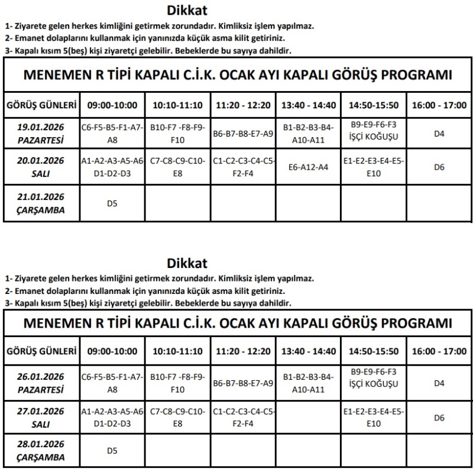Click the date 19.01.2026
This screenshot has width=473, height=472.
point(41,127)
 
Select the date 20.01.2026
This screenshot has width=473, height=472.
point(41,160)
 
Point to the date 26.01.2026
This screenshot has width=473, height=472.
point(41,376)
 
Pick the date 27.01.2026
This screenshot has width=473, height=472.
point(41,410)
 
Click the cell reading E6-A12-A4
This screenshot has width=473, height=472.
point(308,167)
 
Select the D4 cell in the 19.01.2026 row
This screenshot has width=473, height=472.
point(439,134)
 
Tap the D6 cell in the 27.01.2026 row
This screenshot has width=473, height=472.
point(439,418)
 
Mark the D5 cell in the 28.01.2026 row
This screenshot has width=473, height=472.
point(112,451)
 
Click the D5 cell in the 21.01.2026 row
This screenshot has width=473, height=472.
point(112,204)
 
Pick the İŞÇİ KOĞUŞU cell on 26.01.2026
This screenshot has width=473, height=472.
point(374,383)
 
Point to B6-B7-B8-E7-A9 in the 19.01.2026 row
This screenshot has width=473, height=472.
point(242,134)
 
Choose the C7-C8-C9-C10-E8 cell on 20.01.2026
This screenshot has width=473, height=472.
point(177,167)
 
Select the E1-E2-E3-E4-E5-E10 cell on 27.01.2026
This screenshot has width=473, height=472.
point(374,418)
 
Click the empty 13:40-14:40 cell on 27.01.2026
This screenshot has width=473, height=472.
point(308,418)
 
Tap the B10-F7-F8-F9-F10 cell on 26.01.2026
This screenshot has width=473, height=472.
point(177,383)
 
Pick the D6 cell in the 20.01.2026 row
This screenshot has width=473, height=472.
point(439,167)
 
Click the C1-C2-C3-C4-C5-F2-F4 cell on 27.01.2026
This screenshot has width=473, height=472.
point(242,418)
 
